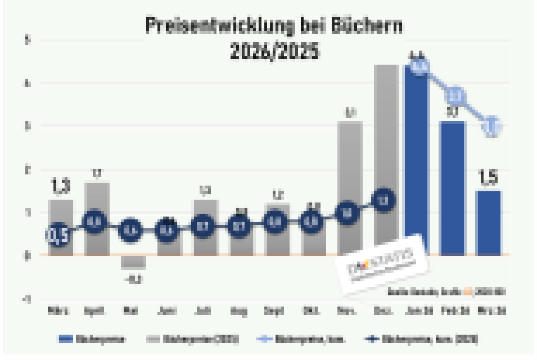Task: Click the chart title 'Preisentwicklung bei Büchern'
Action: [x=274, y=26]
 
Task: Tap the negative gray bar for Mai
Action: [x=133, y=262]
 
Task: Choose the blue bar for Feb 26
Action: [x=453, y=188]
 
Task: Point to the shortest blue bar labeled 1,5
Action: [x=489, y=223]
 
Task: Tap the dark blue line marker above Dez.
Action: [x=384, y=200]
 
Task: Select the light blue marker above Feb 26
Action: [x=456, y=96]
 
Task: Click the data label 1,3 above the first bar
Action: [x=60, y=186]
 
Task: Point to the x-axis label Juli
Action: [x=204, y=310]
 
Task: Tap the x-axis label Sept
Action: [x=276, y=310]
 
